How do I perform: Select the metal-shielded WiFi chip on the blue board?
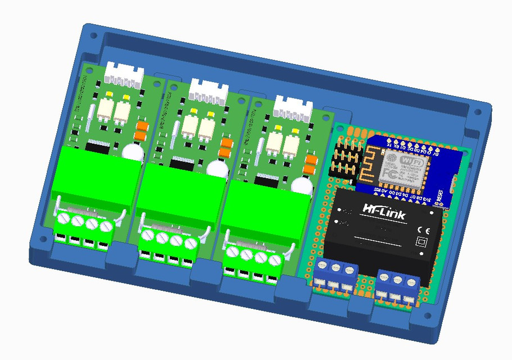pyautogui.click(x=405, y=167)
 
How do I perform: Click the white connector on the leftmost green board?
pyautogui.click(x=124, y=74)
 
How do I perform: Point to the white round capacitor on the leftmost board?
pyautogui.click(x=132, y=152)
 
